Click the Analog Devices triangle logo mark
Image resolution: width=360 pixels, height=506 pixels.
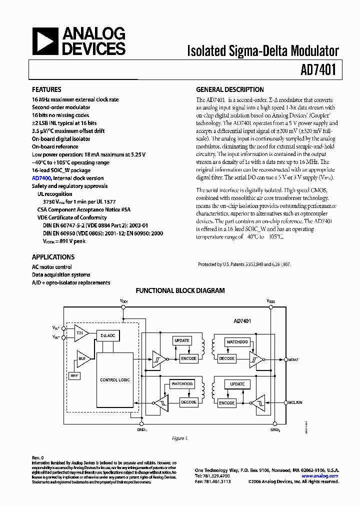click(45, 41)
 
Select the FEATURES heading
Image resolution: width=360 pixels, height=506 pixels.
click(46, 90)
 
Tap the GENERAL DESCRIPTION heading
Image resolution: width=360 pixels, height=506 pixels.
click(229, 90)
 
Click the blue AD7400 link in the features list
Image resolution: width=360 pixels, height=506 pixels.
click(41, 178)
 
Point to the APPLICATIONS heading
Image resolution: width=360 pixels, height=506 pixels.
click(53, 257)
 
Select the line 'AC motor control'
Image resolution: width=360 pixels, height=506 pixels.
click(52, 267)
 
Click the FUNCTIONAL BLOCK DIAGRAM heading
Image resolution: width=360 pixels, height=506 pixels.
click(180, 290)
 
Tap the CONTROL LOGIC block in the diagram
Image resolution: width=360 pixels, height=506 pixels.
click(115, 380)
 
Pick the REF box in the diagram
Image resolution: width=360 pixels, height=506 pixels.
click(74, 375)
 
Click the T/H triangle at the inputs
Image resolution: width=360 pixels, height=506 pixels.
click(80, 332)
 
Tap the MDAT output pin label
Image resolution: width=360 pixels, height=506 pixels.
click(293, 359)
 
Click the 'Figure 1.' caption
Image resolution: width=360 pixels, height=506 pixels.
click(180, 438)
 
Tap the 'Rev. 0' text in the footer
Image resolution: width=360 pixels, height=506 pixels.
click(38, 457)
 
